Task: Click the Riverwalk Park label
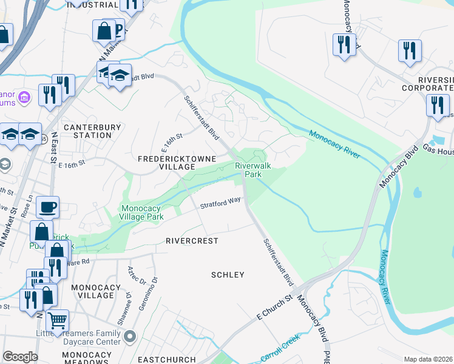252,169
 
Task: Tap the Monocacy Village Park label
143,212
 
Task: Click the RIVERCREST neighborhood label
192,241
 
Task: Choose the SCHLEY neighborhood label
228,275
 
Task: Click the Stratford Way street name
221,202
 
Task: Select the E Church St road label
275,308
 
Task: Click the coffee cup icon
47,207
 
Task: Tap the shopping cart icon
57,320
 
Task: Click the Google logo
20,357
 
